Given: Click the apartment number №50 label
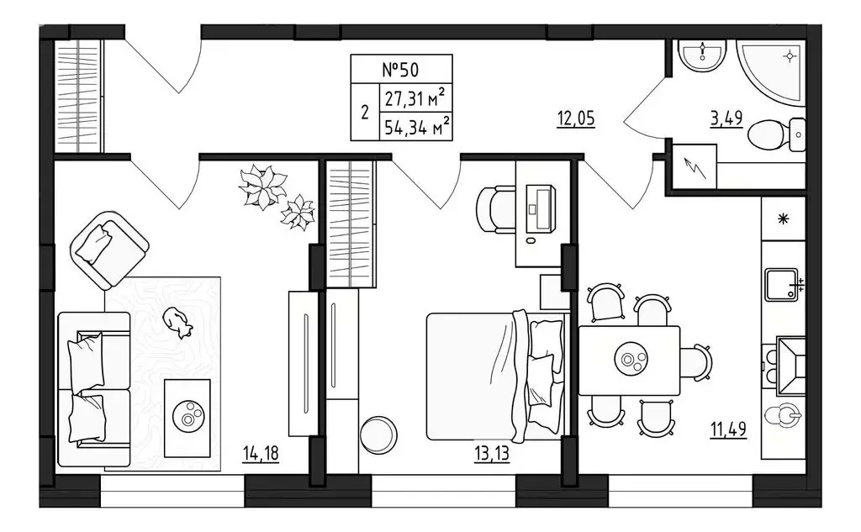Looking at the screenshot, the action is [x=400, y=70].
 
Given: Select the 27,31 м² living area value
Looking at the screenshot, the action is [x=415, y=98].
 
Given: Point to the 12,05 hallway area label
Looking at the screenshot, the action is [x=575, y=119].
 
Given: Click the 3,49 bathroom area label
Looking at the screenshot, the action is [x=726, y=119].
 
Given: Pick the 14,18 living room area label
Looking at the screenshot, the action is [x=261, y=454].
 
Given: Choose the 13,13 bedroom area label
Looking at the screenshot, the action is [x=491, y=454].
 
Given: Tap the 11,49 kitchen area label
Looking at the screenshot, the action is [x=729, y=429].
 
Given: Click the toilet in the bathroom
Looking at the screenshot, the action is [x=776, y=135].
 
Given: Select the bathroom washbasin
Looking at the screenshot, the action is [x=702, y=55].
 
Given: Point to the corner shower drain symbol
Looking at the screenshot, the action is [x=790, y=56].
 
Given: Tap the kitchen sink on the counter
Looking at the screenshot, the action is [x=782, y=284].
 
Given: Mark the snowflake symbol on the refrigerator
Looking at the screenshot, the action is [x=783, y=219].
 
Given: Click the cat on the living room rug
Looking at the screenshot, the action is [x=177, y=321].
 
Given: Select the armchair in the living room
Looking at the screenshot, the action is [x=109, y=250].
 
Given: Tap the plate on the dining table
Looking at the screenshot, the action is [x=630, y=360].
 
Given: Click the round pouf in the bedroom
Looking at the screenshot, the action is [x=379, y=434].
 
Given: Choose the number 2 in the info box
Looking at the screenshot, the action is [x=365, y=113].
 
